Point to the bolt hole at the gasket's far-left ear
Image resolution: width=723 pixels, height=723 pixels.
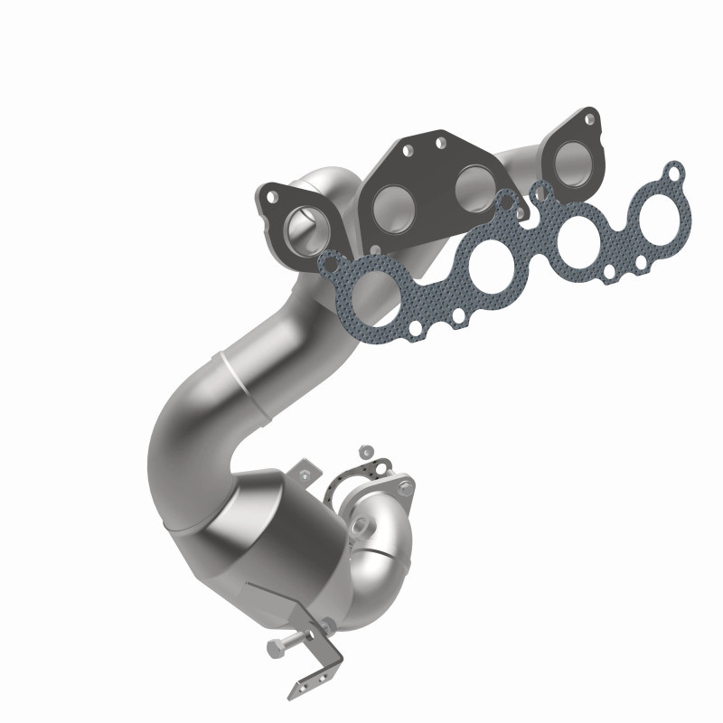[331, 264]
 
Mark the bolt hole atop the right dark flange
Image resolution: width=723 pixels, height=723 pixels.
[589, 118]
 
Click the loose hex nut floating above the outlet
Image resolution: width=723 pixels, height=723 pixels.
[366, 449]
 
